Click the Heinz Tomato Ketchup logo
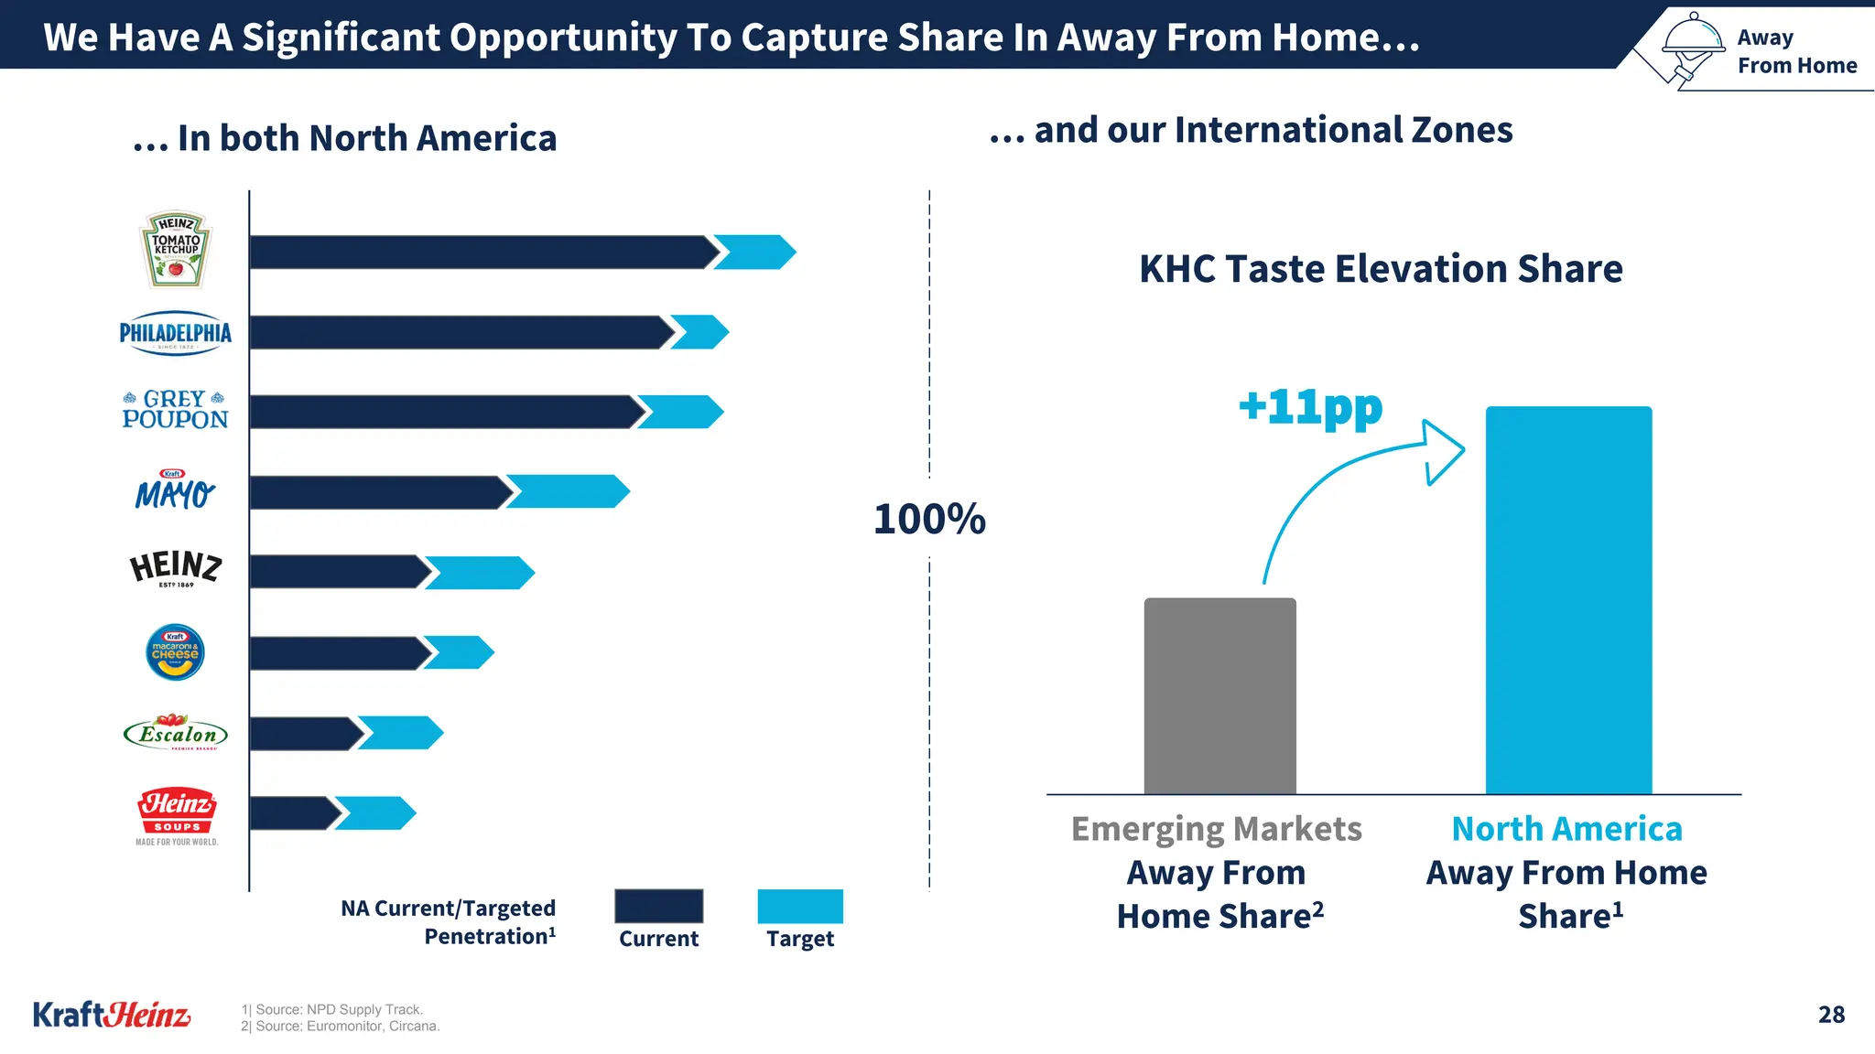click(176, 251)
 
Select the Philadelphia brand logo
click(176, 333)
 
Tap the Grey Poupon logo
click(175, 410)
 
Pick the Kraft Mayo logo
click(175, 491)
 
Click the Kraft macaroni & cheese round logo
click(175, 652)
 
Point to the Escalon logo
click(175, 734)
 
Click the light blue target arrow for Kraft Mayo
click(568, 491)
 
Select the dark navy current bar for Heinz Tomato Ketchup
click(481, 253)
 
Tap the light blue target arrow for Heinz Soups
click(375, 813)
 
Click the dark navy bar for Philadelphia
click(458, 333)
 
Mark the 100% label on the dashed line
click(929, 519)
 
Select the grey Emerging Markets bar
click(1219, 695)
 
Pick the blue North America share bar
click(1568, 599)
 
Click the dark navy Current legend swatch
click(658, 906)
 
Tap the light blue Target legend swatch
click(800, 906)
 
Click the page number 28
click(1831, 1014)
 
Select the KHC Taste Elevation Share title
click(1381, 269)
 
